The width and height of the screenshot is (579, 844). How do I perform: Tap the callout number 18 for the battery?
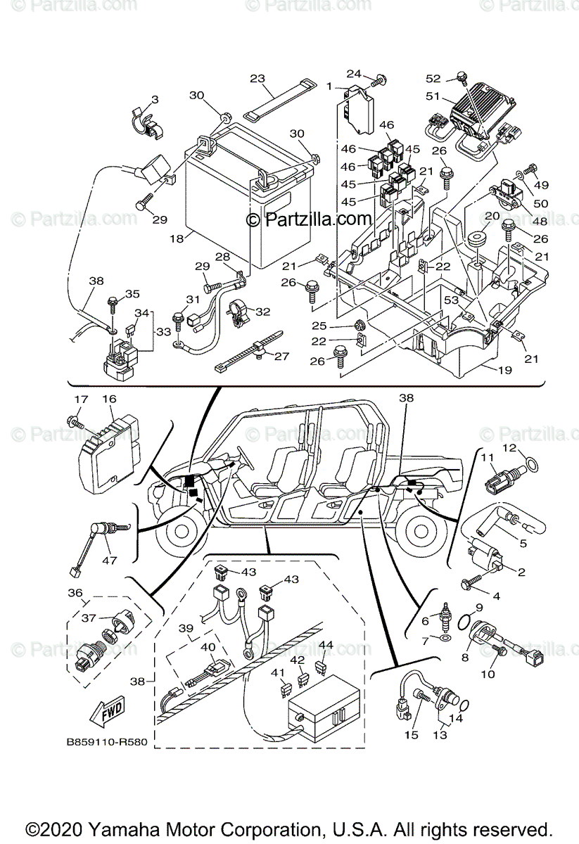point(176,238)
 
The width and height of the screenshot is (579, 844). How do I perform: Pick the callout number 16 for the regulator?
point(109,399)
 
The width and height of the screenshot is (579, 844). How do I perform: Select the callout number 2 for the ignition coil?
point(521,573)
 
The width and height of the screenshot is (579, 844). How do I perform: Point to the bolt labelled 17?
point(76,422)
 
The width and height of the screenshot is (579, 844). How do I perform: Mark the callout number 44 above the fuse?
point(326,644)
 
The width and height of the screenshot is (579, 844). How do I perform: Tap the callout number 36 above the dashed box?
point(75,593)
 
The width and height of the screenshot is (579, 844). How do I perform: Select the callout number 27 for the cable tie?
point(281,357)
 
